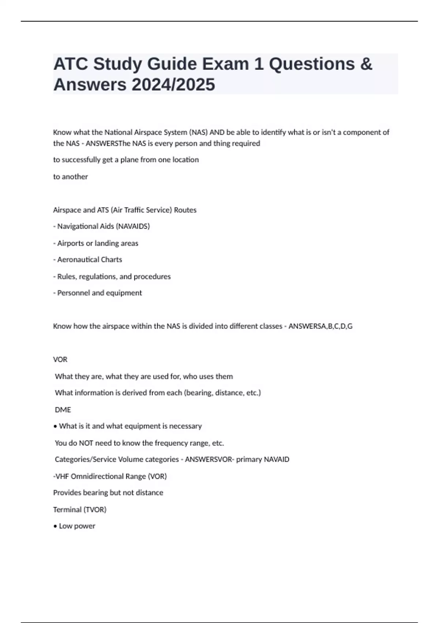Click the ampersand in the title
click(366, 64)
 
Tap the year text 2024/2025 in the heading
click(173, 85)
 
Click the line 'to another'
click(71, 177)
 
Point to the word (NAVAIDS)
click(133, 226)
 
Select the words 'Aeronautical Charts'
click(90, 260)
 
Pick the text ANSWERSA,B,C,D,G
click(320, 326)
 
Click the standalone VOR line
click(60, 360)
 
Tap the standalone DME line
click(63, 410)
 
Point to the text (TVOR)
click(95, 510)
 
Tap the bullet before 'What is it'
click(55, 427)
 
